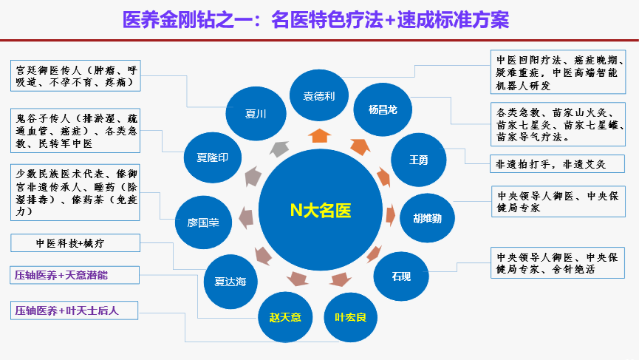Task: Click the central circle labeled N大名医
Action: (x=319, y=211)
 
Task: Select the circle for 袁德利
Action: (x=319, y=96)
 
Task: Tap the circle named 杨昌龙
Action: (x=383, y=109)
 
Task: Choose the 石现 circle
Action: (x=401, y=276)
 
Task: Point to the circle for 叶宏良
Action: (x=350, y=317)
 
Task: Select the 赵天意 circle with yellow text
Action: (x=285, y=318)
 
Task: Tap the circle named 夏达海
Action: (x=231, y=280)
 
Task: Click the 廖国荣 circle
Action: (x=202, y=222)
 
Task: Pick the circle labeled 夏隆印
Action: (x=211, y=157)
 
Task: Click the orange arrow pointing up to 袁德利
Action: (x=319, y=135)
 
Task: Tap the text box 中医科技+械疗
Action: (x=76, y=242)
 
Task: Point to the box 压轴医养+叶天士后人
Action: (x=75, y=310)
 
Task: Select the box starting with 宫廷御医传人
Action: (x=76, y=77)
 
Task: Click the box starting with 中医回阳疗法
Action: (x=558, y=72)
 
